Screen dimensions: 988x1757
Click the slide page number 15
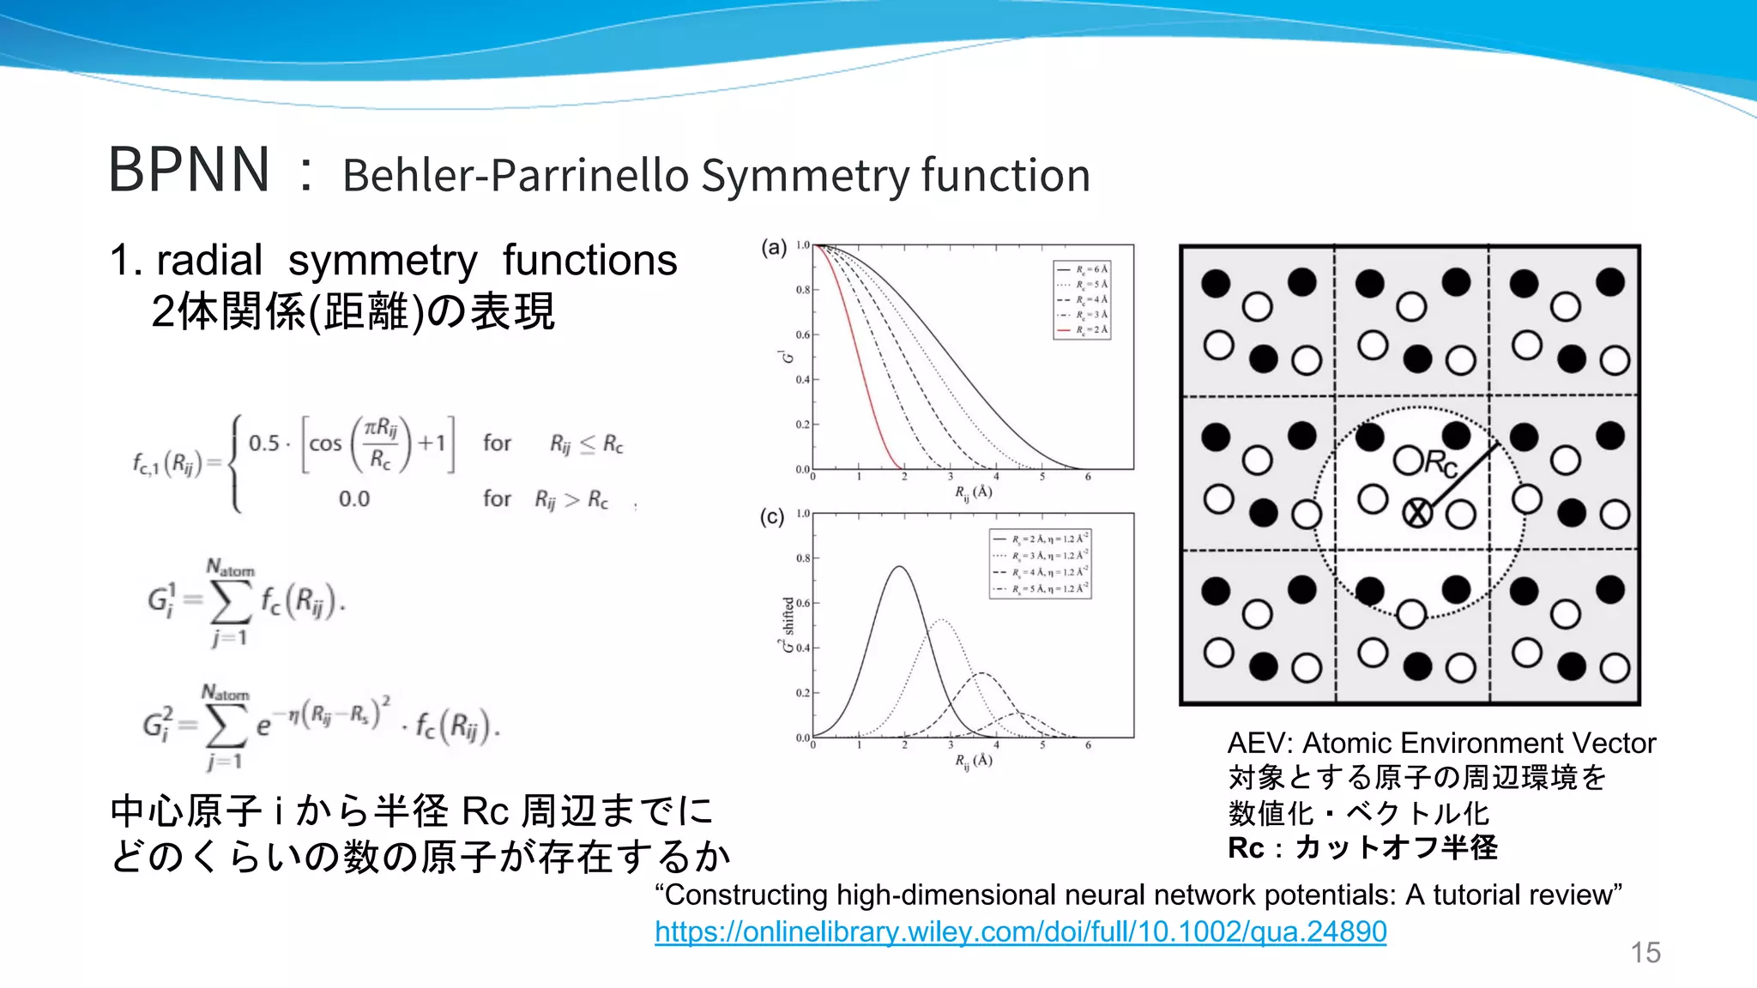pyautogui.click(x=1645, y=952)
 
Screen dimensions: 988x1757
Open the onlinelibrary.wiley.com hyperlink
pyautogui.click(x=1020, y=931)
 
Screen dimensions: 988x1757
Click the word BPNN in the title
pyautogui.click(x=190, y=170)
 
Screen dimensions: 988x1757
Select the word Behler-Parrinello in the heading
pyautogui.click(x=515, y=176)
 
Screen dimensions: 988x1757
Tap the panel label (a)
pyautogui.click(x=774, y=248)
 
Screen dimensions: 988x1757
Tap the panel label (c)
pyautogui.click(x=772, y=516)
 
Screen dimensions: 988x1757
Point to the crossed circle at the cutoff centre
pyautogui.click(x=1416, y=513)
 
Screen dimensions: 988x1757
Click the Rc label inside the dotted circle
pyautogui.click(x=1441, y=464)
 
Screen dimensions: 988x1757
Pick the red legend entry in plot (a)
pyautogui.click(x=1083, y=329)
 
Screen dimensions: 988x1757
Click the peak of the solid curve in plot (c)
pyautogui.click(x=899, y=567)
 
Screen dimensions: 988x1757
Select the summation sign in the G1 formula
pyautogui.click(x=230, y=602)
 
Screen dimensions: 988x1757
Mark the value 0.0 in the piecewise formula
pyautogui.click(x=353, y=499)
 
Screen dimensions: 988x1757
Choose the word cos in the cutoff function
pyautogui.click(x=325, y=444)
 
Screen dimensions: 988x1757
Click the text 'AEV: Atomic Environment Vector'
pyautogui.click(x=1441, y=743)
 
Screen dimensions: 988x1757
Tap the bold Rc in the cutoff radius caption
pyautogui.click(x=1246, y=848)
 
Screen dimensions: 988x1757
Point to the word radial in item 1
pyautogui.click(x=209, y=261)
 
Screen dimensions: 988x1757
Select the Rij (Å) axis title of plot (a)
pyautogui.click(x=974, y=492)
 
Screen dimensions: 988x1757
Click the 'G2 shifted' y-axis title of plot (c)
pyautogui.click(x=788, y=625)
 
